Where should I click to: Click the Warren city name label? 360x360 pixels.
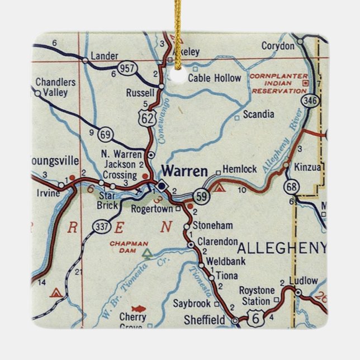click(184, 170)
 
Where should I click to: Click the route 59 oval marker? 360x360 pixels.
click(201, 196)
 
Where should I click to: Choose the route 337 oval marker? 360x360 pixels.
click(102, 226)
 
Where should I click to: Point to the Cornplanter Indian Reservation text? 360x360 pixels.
click(279, 83)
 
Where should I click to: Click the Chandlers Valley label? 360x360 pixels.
click(55, 87)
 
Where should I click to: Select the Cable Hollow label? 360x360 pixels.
click(214, 78)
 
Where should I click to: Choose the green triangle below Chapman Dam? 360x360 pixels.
click(147, 254)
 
